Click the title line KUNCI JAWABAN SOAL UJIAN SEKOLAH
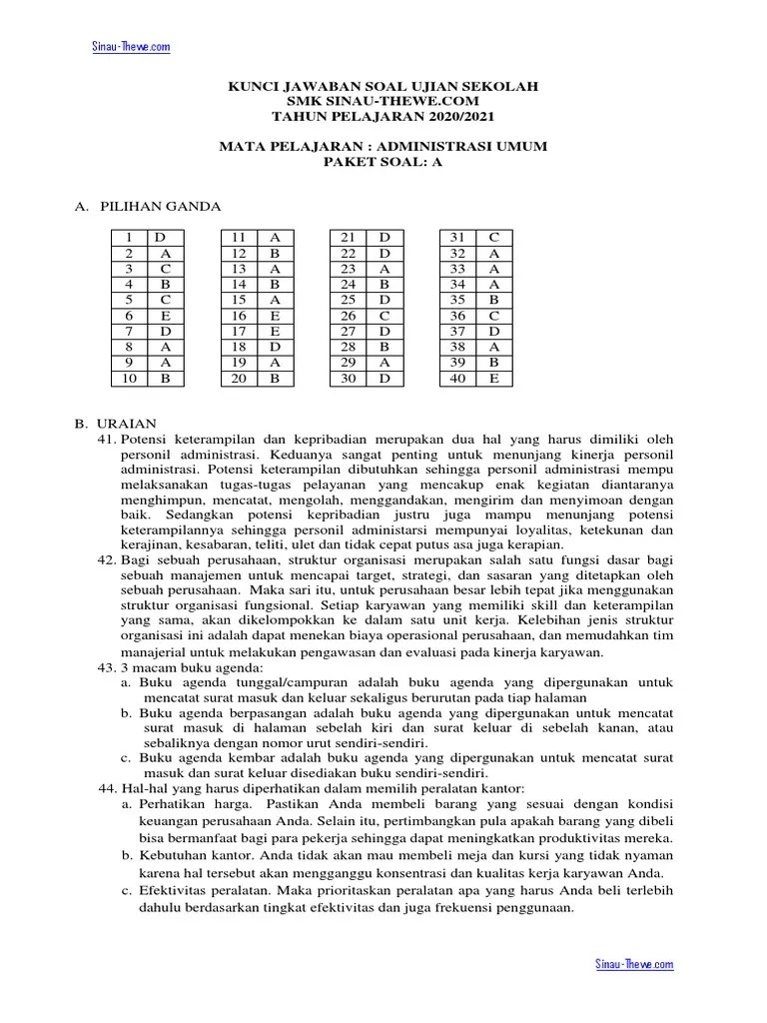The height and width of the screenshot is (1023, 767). [383, 88]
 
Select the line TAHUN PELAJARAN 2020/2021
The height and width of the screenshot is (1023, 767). [383, 116]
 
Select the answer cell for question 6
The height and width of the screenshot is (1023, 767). [165, 315]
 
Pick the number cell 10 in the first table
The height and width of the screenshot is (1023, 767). [129, 379]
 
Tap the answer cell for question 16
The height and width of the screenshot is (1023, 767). [275, 315]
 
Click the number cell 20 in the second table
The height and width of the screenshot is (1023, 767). [239, 379]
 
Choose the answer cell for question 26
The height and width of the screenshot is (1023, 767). [384, 315]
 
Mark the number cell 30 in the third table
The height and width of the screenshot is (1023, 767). [349, 379]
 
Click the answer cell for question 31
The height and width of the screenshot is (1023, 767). [494, 237]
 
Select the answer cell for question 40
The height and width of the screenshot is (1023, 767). [494, 379]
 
